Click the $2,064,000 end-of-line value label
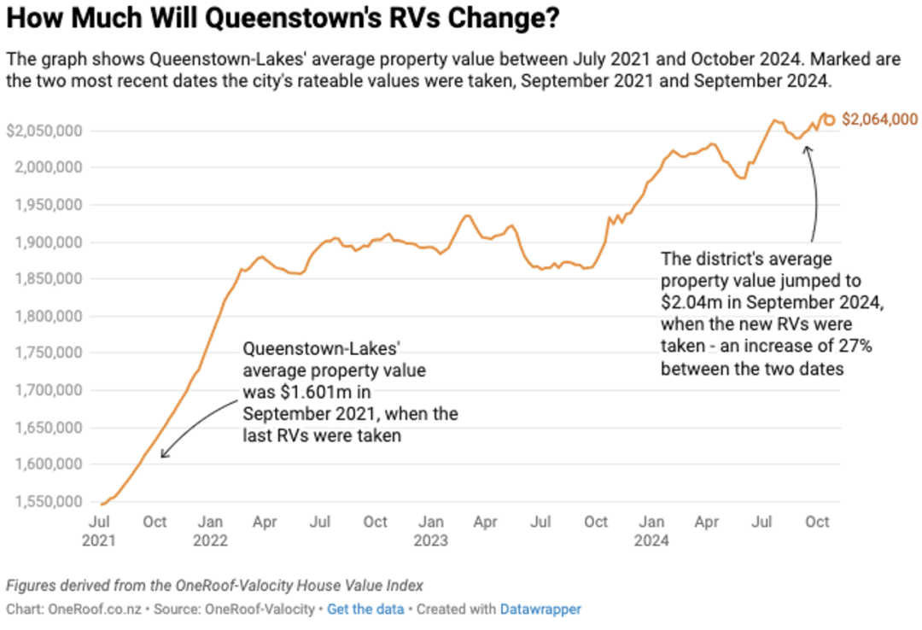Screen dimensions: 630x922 click(x=880, y=120)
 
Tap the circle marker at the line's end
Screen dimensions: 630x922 click(x=829, y=120)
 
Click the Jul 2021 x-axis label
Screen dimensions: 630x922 click(x=99, y=530)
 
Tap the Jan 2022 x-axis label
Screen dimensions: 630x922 click(x=210, y=530)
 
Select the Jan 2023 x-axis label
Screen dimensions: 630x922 click(x=431, y=530)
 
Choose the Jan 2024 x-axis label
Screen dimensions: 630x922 click(x=652, y=530)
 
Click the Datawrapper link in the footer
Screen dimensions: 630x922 click(x=540, y=610)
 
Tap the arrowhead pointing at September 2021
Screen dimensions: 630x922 click(x=163, y=455)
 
